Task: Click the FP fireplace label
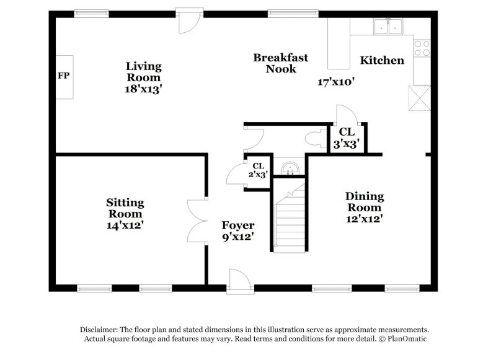63,76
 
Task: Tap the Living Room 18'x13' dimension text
143,89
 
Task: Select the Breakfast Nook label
280,63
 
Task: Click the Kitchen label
382,60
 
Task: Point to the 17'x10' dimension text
335,82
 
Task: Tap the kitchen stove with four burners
422,48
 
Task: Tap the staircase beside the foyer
289,220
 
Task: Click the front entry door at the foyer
239,282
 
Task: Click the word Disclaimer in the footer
99,330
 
